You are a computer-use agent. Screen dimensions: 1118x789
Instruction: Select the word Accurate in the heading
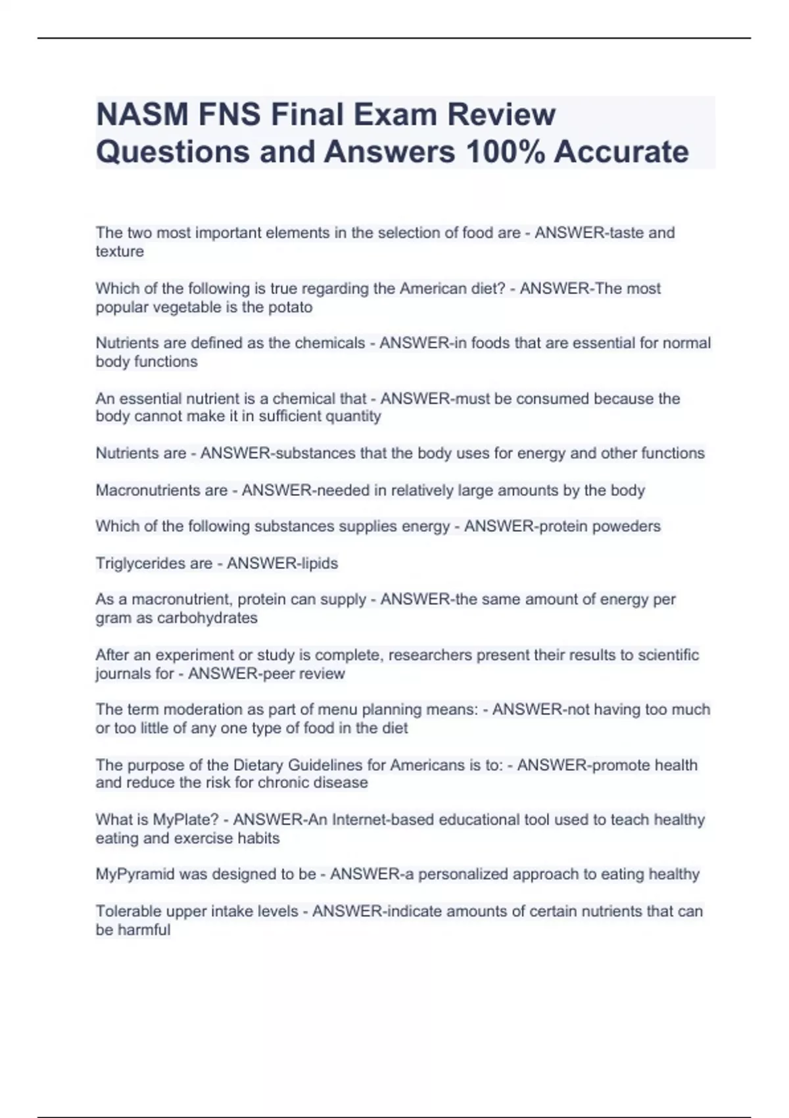[621, 152]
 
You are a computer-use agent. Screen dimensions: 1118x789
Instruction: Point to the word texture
[120, 251]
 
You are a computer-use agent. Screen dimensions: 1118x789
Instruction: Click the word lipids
[318, 564]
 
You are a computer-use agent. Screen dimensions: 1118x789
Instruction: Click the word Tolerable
[128, 911]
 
